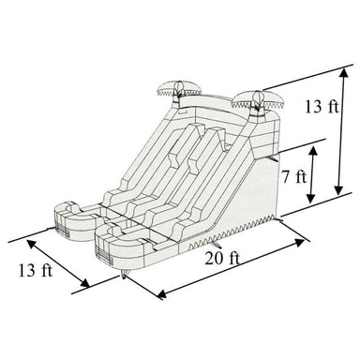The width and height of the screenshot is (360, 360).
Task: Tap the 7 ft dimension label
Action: coord(293,175)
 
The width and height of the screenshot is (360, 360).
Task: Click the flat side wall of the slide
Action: coord(248,187)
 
